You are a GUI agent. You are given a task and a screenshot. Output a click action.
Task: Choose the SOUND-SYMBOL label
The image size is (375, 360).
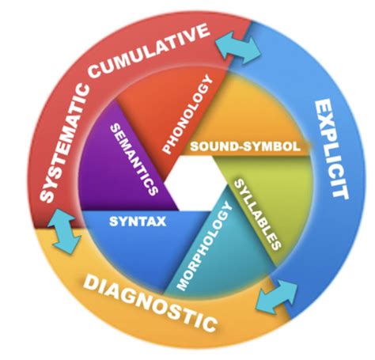pos(245,147)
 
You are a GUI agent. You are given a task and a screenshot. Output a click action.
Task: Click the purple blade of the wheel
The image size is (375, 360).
pos(123,170)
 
